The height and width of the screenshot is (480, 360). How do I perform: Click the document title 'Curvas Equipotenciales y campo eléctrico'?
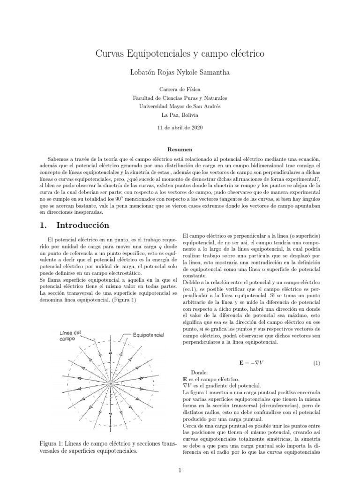click(x=180, y=54)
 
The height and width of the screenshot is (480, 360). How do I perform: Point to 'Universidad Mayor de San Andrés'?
click(x=180, y=106)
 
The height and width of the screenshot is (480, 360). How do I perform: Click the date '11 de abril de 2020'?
click(x=180, y=127)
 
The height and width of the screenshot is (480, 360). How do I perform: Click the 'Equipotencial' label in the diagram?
click(x=148, y=335)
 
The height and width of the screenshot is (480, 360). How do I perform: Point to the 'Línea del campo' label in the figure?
click(x=70, y=335)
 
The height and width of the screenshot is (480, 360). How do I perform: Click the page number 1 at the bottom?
click(x=180, y=471)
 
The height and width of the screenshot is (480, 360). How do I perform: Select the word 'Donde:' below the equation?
click(x=201, y=372)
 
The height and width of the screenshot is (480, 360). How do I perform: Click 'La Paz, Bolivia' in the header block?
click(x=180, y=115)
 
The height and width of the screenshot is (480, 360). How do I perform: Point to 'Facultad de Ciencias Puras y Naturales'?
click(x=180, y=98)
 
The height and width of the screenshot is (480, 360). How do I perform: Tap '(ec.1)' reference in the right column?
click(x=192, y=291)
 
